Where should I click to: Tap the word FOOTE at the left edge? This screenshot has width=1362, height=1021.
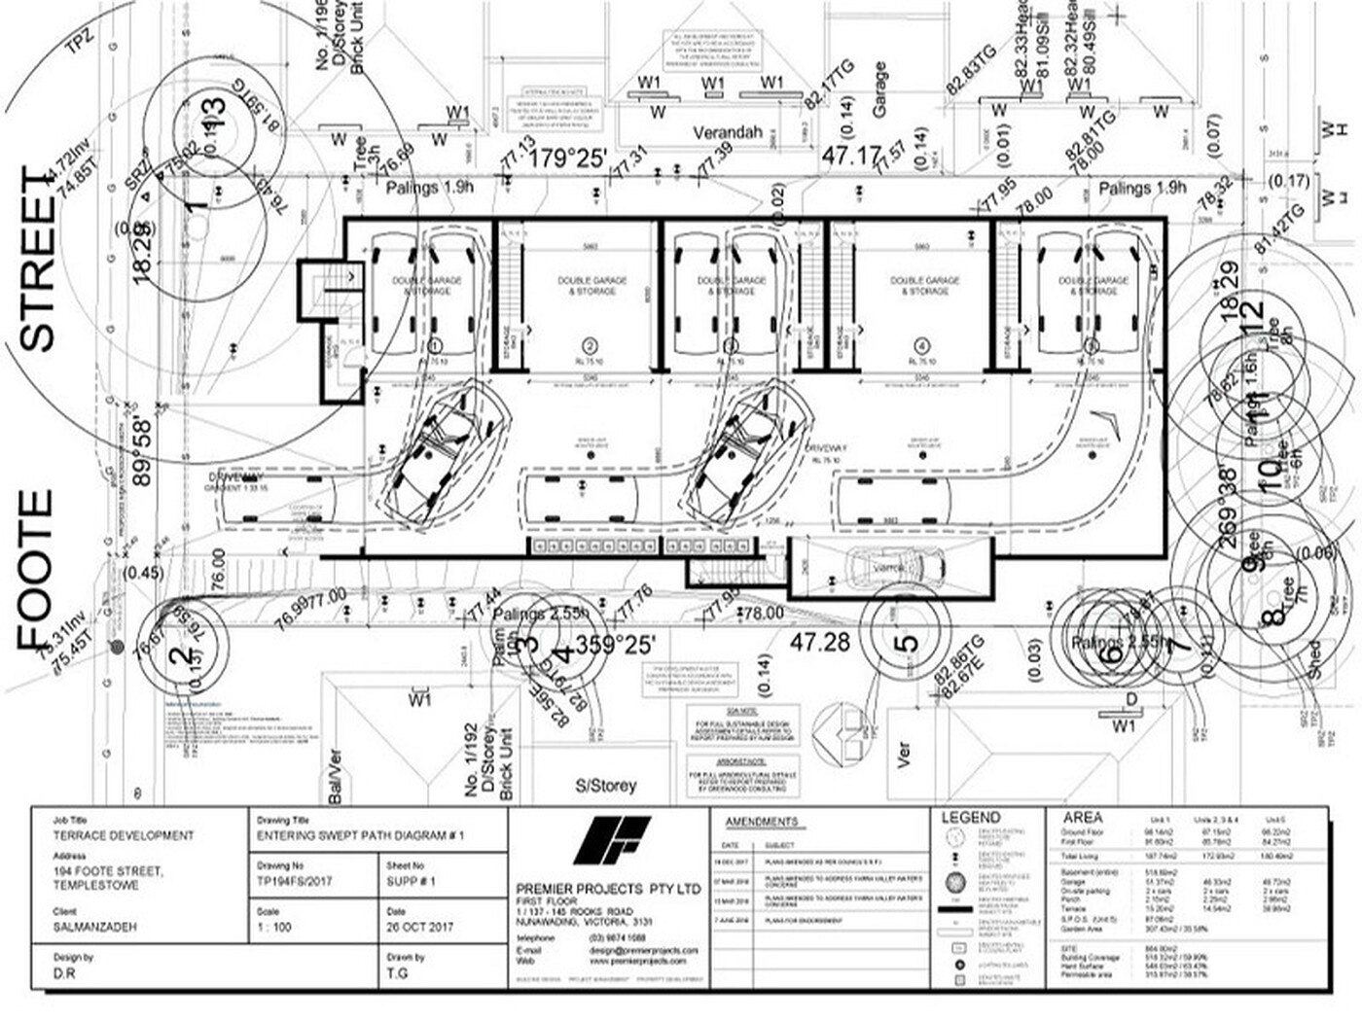click(x=35, y=569)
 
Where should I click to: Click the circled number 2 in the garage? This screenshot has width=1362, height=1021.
click(x=590, y=345)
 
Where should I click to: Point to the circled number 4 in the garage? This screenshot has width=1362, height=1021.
click(x=922, y=345)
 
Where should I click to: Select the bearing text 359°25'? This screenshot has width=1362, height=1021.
click(x=615, y=644)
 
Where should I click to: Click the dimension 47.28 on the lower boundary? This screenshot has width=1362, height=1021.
click(x=819, y=643)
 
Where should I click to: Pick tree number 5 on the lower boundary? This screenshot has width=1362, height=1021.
click(x=905, y=644)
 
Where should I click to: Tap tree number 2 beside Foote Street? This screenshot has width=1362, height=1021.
click(x=181, y=655)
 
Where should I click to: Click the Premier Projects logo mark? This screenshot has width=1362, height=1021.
click(x=611, y=840)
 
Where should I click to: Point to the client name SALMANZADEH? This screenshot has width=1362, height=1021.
click(x=95, y=928)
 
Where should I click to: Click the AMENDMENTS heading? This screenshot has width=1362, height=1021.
click(x=761, y=822)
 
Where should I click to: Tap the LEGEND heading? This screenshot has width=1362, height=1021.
click(x=970, y=818)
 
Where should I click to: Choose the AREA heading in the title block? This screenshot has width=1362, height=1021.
click(x=1083, y=818)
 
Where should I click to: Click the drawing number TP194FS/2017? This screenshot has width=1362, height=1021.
click(x=295, y=881)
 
